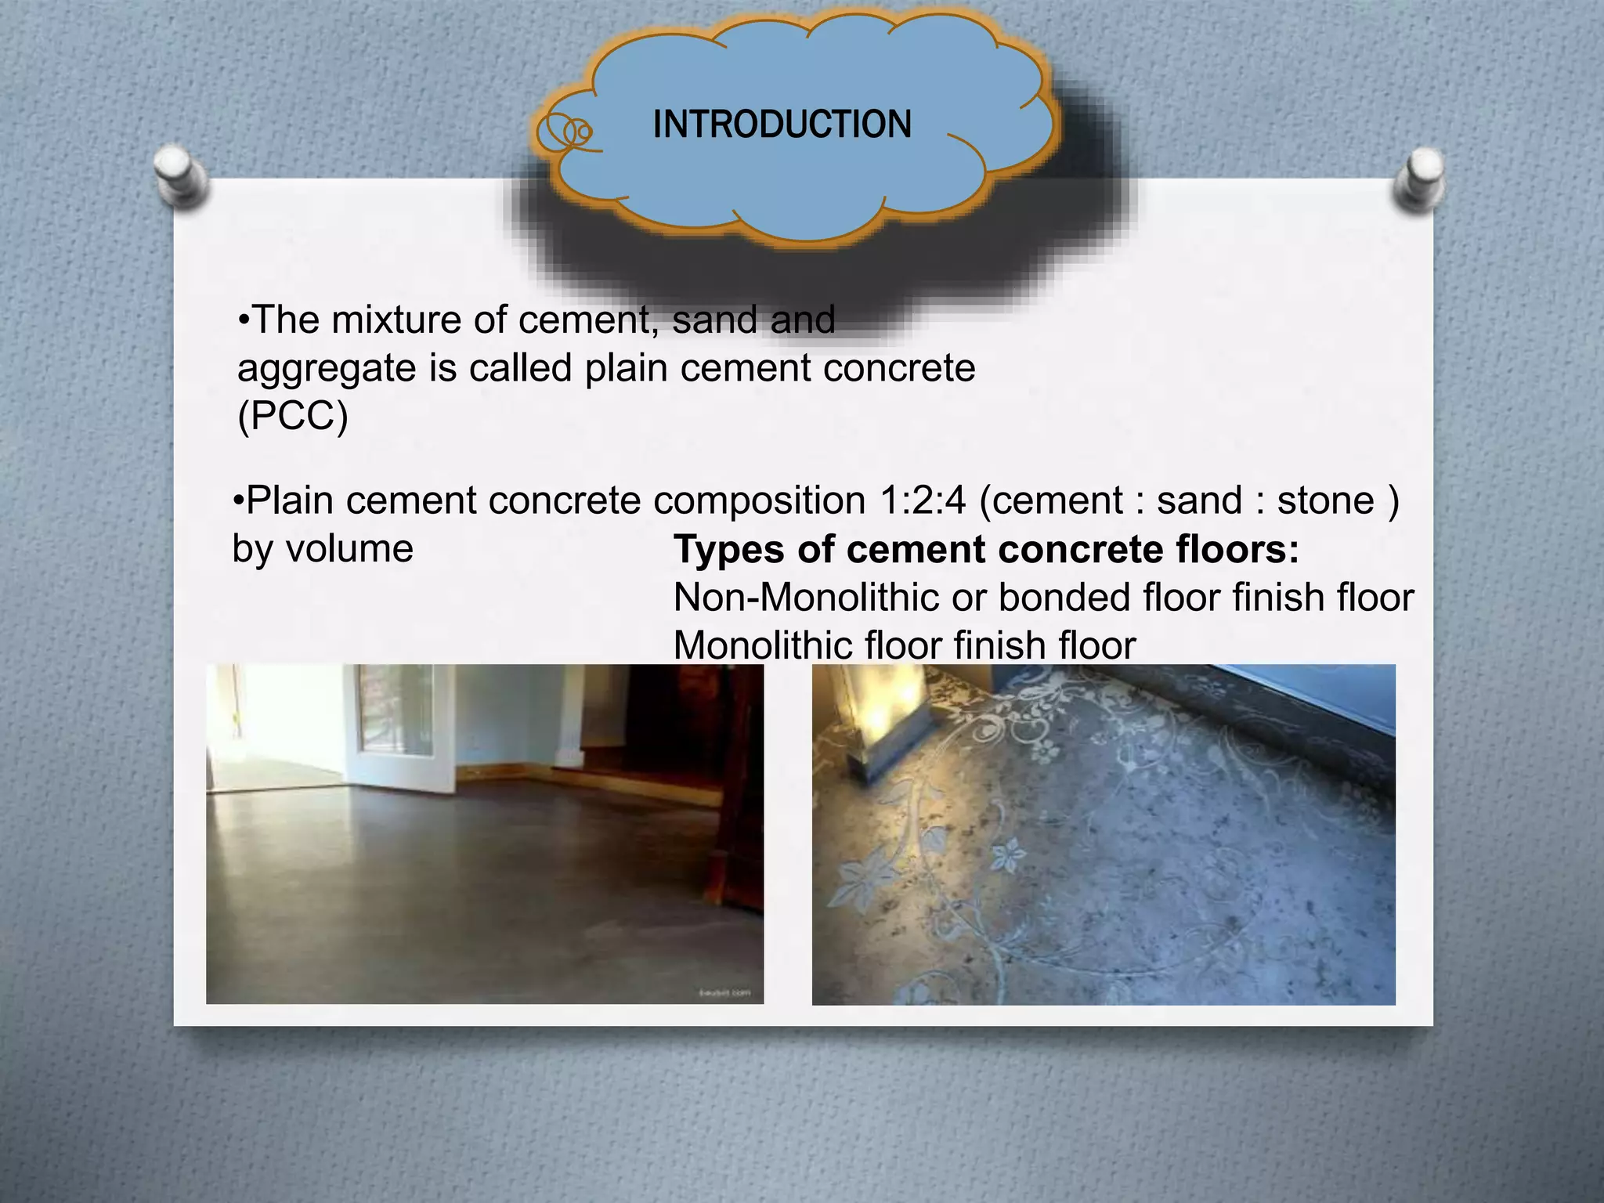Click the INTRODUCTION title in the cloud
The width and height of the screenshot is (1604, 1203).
[782, 125]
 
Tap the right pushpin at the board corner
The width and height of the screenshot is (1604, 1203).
[1422, 179]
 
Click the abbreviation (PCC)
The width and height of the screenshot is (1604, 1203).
[292, 416]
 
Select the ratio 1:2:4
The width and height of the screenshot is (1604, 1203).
[923, 500]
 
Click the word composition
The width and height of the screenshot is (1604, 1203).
[760, 501]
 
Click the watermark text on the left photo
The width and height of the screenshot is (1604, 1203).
[724, 993]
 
